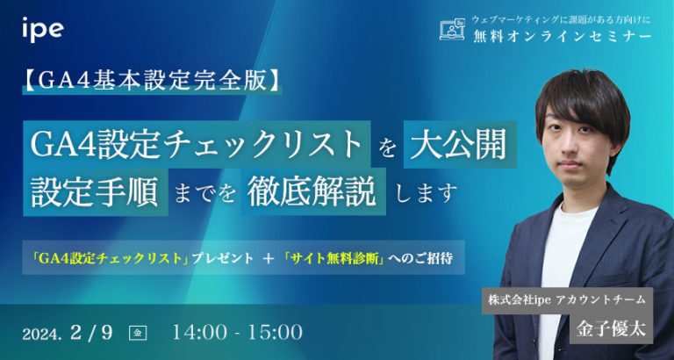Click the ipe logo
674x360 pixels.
[x=41, y=29]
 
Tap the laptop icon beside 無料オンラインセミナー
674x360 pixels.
[x=451, y=30]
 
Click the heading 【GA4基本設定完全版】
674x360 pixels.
[x=154, y=82]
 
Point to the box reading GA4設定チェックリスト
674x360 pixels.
[x=196, y=145]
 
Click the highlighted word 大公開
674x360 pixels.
[x=459, y=145]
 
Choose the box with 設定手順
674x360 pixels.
[x=95, y=191]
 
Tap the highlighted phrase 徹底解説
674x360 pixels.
[x=315, y=191]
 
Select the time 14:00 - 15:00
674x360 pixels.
[x=238, y=332]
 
